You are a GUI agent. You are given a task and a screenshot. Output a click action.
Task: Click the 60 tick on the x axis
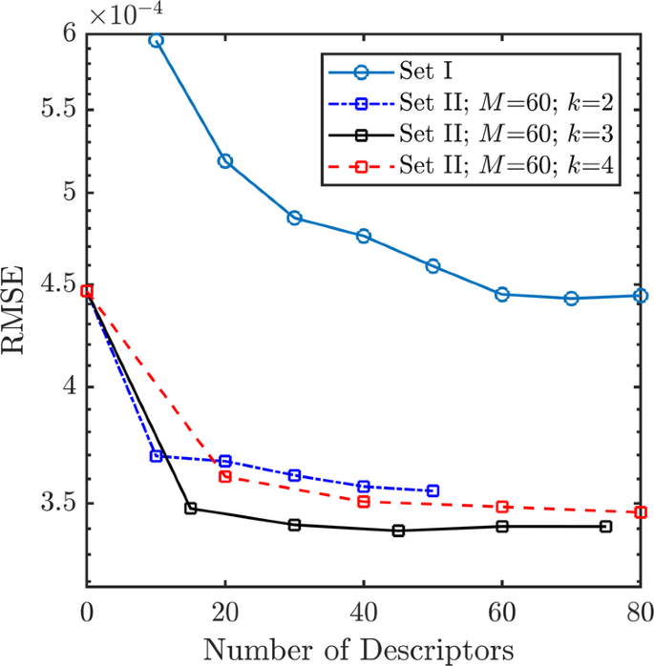(502, 610)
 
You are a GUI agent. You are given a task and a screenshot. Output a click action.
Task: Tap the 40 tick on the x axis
(364, 610)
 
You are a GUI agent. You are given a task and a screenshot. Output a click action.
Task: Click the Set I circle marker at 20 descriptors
(225, 161)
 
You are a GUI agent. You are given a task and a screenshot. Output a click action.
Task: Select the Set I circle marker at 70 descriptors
(571, 299)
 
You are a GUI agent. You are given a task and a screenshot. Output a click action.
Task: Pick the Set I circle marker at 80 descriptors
(641, 296)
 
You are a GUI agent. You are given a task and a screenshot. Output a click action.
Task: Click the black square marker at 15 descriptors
(191, 509)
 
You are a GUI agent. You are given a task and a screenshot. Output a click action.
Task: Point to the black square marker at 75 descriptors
(605, 527)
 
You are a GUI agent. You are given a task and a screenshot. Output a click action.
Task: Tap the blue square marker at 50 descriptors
(432, 490)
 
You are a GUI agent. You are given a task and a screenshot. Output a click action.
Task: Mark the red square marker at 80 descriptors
(641, 512)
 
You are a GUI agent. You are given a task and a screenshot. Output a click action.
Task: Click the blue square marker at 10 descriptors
(157, 456)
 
